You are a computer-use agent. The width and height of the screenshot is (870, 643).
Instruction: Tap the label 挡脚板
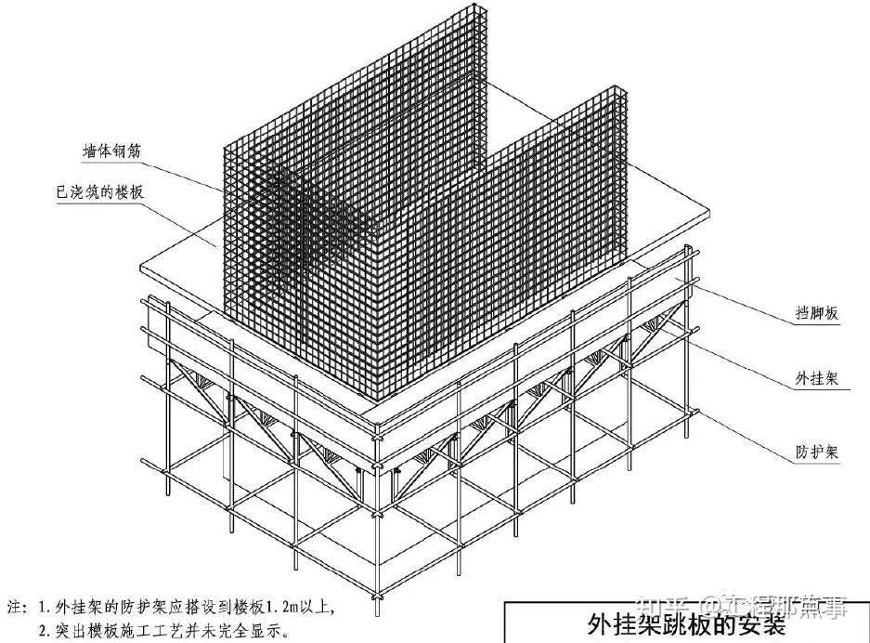click(x=817, y=314)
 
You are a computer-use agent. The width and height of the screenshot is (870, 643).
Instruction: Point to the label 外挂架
click(x=817, y=379)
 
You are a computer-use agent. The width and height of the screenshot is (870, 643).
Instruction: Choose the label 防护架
click(x=817, y=453)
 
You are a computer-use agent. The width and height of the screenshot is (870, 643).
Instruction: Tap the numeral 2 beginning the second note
click(x=43, y=630)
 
